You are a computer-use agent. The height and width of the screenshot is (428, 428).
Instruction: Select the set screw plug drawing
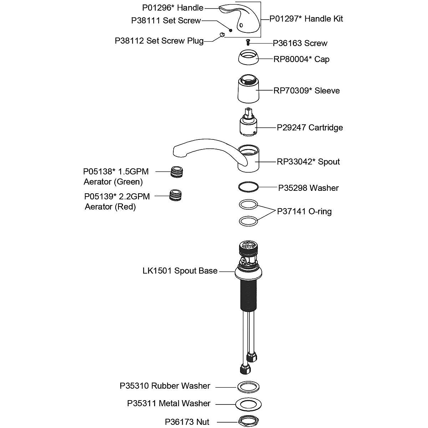coord(221,34)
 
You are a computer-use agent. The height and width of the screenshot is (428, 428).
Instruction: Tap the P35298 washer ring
coord(248,187)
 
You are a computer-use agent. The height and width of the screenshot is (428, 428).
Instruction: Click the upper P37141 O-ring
coord(248,204)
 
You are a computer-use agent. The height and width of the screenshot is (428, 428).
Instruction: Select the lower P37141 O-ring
coord(248,221)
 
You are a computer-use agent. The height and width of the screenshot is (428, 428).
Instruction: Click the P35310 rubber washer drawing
coord(248,387)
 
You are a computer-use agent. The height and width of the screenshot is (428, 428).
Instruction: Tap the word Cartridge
coord(326,128)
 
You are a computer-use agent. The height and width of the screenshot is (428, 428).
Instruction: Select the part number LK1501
coord(157,271)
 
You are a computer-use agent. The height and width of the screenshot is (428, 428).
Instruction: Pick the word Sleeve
coord(327,91)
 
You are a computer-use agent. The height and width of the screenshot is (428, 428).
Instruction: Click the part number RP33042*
coord(295,162)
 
